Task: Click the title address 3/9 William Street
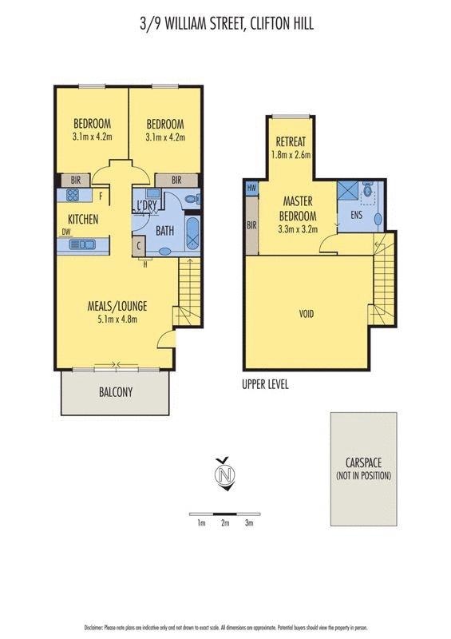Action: [x=225, y=25]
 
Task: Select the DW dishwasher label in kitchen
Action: [x=65, y=233]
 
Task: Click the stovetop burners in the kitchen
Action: [x=73, y=196]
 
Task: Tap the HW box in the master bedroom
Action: [x=251, y=189]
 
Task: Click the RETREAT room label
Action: [x=291, y=141]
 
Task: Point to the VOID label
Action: [x=305, y=314]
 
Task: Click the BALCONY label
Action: [x=116, y=392]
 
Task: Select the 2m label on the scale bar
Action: [x=225, y=523]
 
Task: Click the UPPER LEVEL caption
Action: [x=265, y=384]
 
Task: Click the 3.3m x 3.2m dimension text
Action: [x=298, y=228]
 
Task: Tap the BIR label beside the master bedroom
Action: [x=251, y=226]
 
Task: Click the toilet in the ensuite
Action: [x=368, y=190]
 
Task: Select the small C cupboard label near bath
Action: [x=140, y=247]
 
